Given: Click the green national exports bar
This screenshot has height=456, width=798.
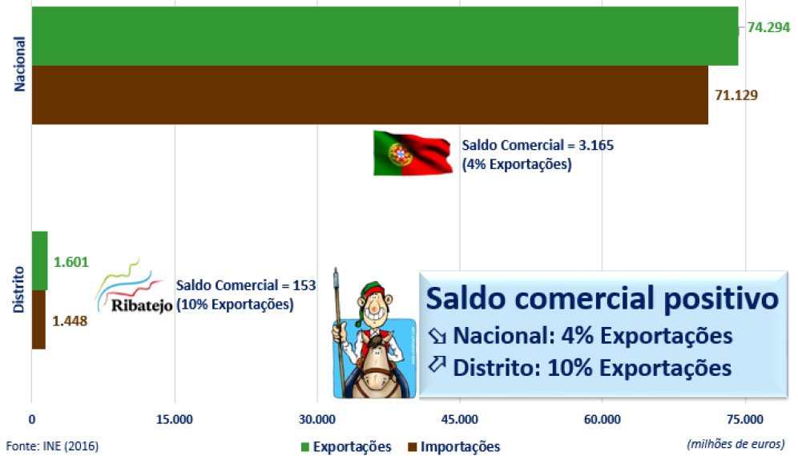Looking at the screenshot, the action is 385,36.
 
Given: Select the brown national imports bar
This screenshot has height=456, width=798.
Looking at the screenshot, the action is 370,95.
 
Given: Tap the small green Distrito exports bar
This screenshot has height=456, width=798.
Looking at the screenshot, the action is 40,261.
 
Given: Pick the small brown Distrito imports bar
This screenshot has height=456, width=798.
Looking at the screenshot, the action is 38,320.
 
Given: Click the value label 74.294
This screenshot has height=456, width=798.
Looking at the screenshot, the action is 768,27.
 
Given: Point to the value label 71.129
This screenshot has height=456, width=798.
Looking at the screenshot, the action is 736,95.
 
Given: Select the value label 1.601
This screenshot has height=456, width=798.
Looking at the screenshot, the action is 71,262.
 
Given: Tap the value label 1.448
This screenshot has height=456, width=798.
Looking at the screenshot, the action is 71,321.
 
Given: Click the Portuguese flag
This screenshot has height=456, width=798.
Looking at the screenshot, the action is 413,153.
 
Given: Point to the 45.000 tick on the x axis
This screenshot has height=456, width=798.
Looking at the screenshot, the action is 460,419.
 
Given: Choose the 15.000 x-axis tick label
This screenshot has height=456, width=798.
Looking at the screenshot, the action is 175,419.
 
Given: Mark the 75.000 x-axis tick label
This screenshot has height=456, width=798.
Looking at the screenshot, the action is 745,419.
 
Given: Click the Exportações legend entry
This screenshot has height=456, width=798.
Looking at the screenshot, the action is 346,447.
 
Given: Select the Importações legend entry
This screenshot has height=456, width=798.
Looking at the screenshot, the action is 454,447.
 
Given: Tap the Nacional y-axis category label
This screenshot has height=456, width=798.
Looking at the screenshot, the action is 19,64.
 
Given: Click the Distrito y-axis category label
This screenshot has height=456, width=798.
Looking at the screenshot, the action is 19,289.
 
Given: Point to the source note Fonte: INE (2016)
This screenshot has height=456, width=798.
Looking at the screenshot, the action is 52,446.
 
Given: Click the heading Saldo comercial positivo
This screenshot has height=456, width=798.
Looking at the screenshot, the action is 603,298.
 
